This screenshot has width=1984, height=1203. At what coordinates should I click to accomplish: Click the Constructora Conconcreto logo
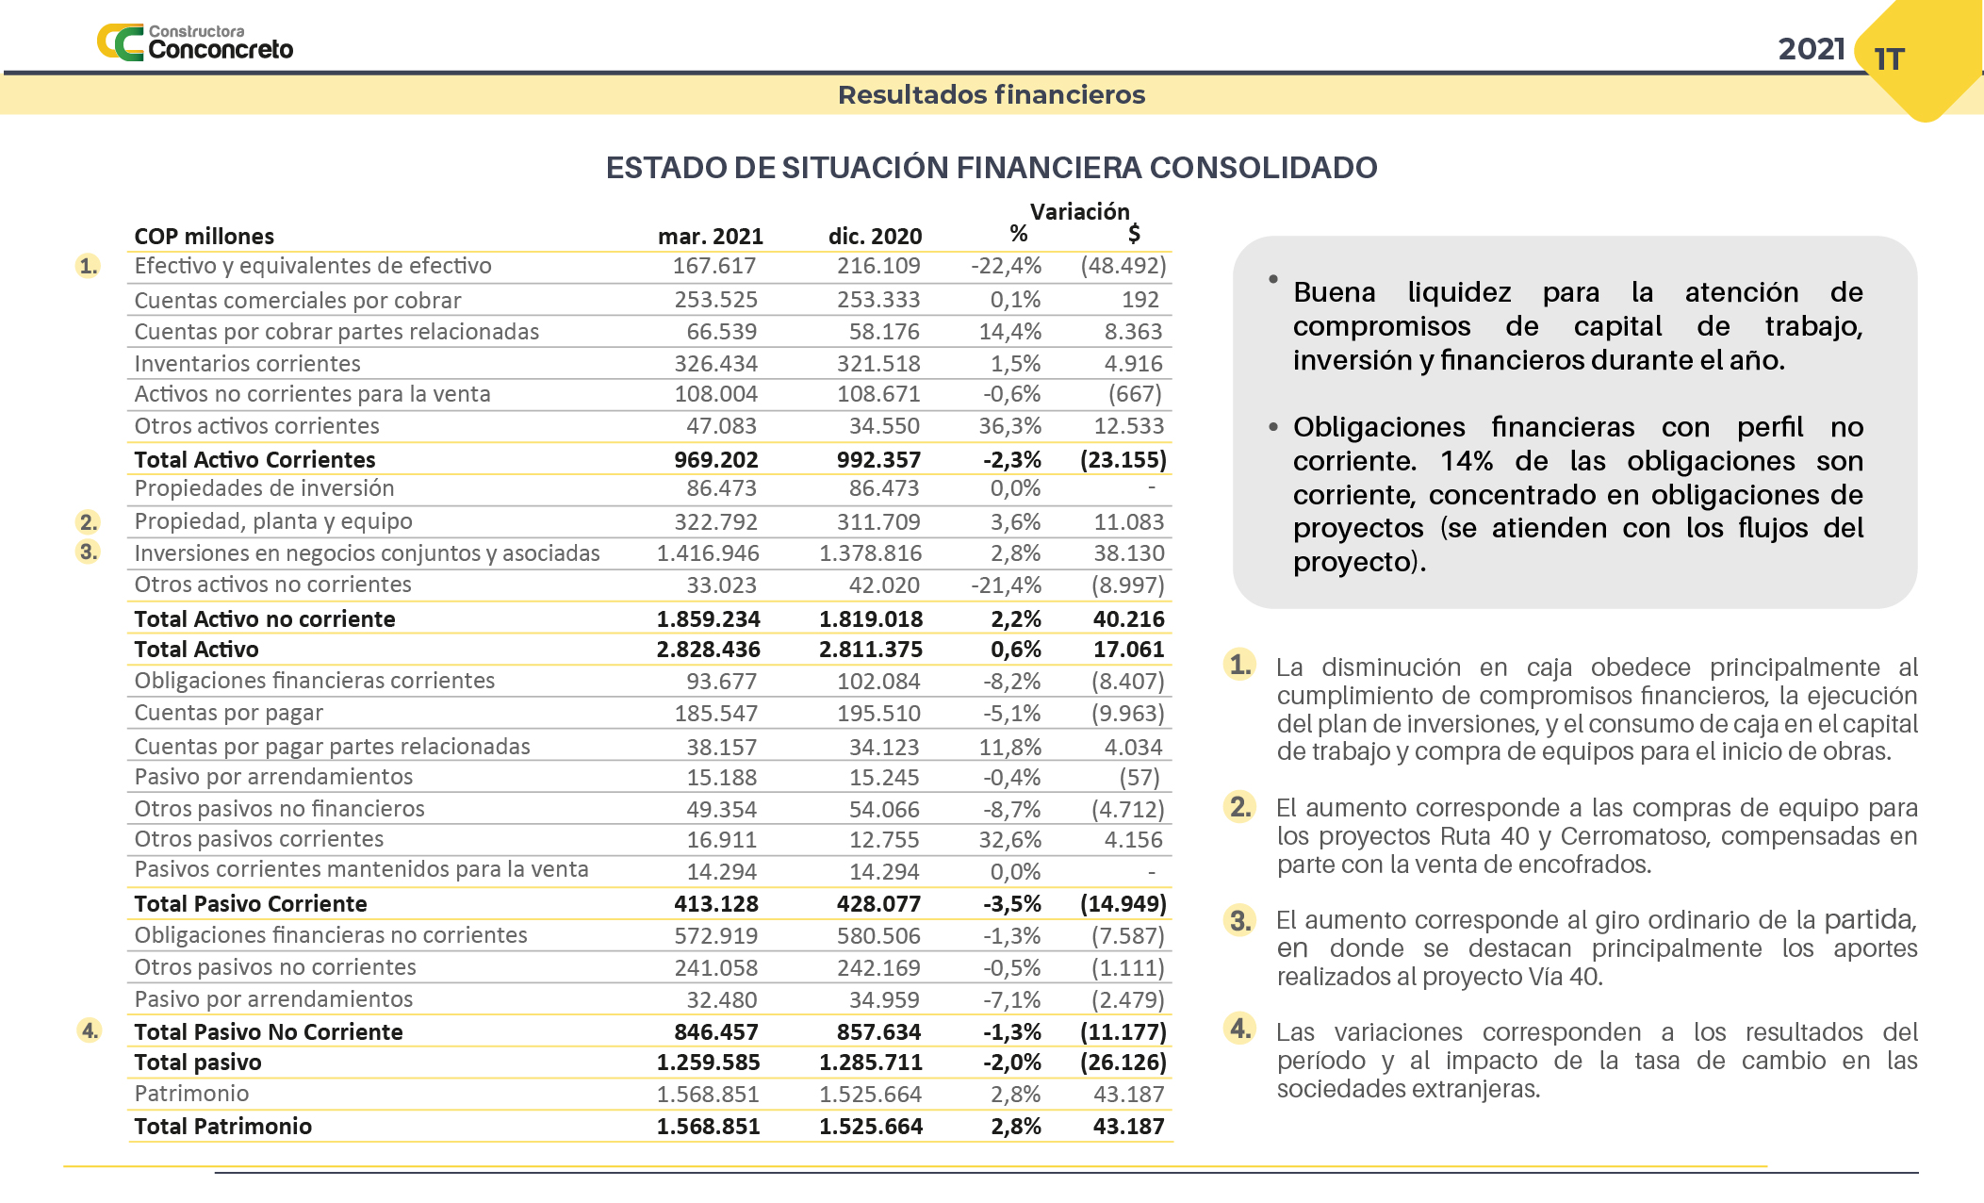195,42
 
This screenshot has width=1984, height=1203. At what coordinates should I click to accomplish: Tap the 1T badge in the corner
1889,59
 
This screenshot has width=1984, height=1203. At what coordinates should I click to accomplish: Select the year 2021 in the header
1811,49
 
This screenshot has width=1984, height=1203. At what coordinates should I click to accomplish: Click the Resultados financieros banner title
992,95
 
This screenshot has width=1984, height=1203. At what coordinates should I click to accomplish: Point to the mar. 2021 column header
710,237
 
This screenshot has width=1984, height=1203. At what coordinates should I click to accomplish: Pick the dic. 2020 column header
875,237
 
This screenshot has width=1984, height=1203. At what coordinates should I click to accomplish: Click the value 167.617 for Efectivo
714,266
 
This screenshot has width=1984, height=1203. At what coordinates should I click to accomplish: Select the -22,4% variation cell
1006,266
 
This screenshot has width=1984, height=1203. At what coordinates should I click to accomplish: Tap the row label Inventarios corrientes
247,364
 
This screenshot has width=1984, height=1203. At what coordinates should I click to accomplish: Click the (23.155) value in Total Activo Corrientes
1123,460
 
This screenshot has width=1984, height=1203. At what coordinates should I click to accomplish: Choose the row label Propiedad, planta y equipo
273,521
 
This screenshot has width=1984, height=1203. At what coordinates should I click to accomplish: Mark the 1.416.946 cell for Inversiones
708,553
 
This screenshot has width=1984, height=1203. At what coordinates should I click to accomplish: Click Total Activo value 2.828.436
708,650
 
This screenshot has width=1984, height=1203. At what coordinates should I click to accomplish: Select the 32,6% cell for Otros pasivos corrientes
1009,840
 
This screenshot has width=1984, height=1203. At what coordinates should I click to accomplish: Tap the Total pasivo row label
198,1063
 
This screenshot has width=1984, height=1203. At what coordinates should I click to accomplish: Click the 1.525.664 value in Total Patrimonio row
870,1127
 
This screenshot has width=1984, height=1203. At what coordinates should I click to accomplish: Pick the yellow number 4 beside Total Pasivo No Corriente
90,1030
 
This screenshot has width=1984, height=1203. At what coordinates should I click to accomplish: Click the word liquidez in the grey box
1459,292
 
